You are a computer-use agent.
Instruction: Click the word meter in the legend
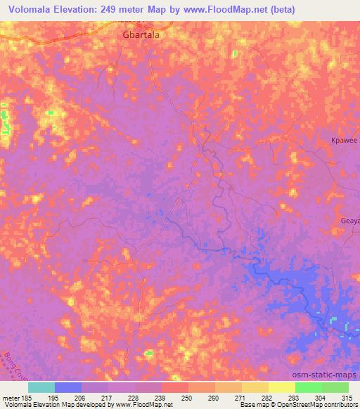[11, 397]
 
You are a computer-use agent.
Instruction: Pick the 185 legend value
[28, 397]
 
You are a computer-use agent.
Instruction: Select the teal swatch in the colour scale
[41, 387]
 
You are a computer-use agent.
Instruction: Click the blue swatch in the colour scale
[68, 387]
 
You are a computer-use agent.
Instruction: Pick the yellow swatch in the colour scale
[282, 387]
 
